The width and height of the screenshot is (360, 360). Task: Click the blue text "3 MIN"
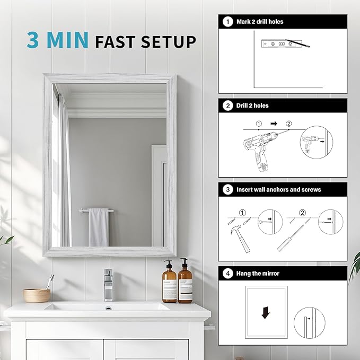click(57, 40)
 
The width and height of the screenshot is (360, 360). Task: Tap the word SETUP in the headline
click(168, 42)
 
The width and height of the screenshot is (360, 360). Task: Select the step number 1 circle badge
click(228, 22)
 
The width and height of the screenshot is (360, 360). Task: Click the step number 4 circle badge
click(228, 274)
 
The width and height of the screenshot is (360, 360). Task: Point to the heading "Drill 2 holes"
click(252, 106)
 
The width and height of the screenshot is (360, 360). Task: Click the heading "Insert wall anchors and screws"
click(278, 190)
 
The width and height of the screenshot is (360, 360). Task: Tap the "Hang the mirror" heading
click(258, 274)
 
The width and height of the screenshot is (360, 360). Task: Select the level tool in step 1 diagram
click(278, 43)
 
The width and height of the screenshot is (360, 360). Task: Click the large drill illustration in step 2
click(260, 151)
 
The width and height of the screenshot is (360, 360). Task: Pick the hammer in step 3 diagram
click(240, 238)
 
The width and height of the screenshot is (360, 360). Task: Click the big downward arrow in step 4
click(266, 313)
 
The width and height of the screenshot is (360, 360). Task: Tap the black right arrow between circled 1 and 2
click(274, 124)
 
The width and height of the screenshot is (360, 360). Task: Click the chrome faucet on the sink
click(108, 285)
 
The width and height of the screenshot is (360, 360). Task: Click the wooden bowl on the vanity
click(37, 295)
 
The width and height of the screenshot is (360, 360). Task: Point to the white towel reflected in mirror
click(99, 227)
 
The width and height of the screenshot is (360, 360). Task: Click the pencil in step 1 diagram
click(297, 43)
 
